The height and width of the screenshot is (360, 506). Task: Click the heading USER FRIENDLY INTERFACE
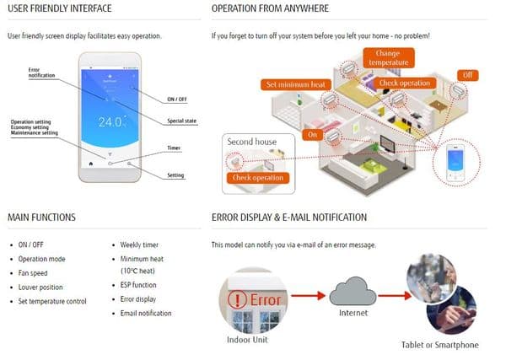point(60,9)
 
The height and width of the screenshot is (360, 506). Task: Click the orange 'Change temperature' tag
point(387,57)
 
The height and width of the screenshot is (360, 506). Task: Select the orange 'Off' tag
point(469,75)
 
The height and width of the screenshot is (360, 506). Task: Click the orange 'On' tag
point(312,135)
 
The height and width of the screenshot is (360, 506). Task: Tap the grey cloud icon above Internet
point(353,292)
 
